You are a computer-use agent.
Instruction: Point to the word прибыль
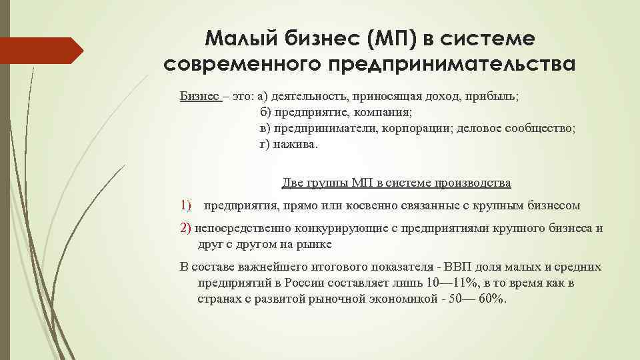pyautogui.click(x=494, y=96)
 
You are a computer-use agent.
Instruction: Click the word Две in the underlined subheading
pyautogui.click(x=293, y=183)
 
